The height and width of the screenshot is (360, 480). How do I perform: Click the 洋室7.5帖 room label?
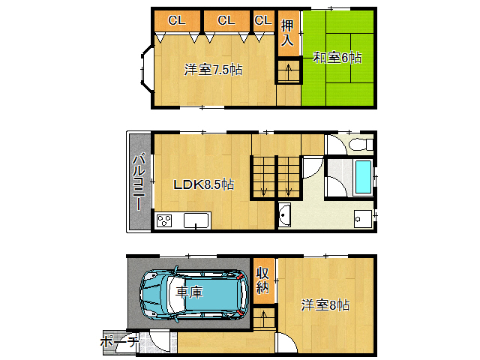(213, 70)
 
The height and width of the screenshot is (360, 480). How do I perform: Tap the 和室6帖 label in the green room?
(337, 58)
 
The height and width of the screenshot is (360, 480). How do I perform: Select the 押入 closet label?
(287, 32)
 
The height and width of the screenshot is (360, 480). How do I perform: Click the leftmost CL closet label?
(177, 20)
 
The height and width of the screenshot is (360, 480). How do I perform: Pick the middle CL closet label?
(226, 20)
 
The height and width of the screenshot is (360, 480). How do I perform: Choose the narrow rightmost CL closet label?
(263, 20)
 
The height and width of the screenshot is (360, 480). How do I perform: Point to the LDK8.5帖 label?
(204, 184)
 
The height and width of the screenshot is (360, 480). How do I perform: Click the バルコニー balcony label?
(138, 182)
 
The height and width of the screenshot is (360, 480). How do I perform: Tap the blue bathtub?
(363, 177)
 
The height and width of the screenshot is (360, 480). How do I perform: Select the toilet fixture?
(361, 144)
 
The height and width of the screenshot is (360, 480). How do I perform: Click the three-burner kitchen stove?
(164, 220)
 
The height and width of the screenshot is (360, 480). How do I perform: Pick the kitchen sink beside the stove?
(196, 220)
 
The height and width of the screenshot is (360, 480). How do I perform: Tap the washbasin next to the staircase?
(285, 214)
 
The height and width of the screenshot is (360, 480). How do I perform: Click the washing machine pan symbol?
(363, 219)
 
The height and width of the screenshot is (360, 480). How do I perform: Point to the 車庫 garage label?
(189, 292)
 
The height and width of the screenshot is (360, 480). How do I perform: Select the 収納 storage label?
(262, 280)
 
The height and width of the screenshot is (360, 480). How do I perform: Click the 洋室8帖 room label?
(325, 305)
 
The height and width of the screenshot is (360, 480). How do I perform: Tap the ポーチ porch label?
(120, 342)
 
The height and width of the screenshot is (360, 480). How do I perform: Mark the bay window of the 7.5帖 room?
(146, 70)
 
